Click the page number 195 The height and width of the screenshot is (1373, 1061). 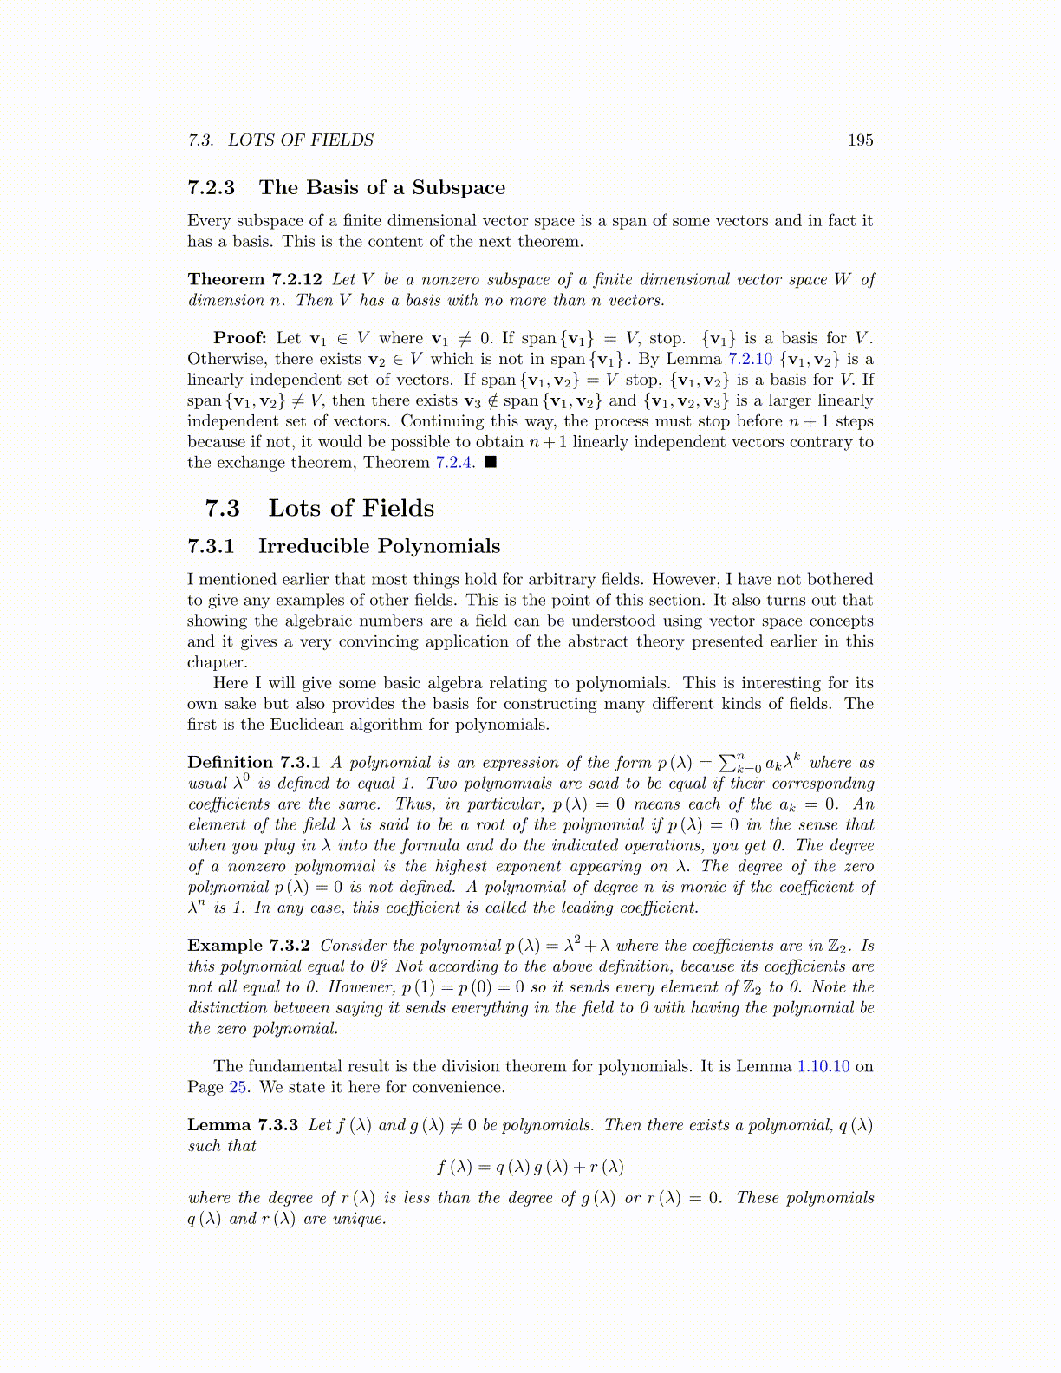click(x=860, y=140)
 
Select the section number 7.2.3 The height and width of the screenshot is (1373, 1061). click(x=211, y=188)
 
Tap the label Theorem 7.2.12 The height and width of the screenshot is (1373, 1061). click(x=255, y=279)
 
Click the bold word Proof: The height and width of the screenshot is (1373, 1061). click(x=240, y=338)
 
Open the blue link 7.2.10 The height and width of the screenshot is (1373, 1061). click(x=750, y=359)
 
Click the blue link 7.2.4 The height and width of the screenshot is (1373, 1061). click(x=454, y=463)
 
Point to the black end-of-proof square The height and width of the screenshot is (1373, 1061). click(x=491, y=463)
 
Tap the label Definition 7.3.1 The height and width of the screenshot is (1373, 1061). click(x=254, y=763)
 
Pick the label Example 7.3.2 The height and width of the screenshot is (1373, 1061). click(x=249, y=946)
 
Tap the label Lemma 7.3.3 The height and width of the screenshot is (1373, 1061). click(x=243, y=1125)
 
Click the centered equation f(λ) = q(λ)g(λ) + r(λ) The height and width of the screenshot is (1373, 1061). click(x=530, y=1167)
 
